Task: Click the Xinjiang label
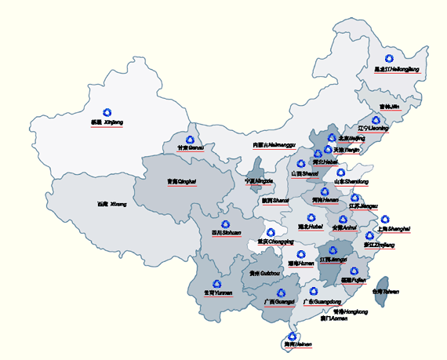coord(107,123)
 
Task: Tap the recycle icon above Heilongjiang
coord(390,58)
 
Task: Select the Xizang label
coord(111,204)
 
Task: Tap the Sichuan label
coord(226,233)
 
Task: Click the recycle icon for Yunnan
coord(217,282)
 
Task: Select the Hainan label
coord(293,344)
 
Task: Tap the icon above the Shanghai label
coord(383,220)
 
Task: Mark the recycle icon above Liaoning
coord(375,120)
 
